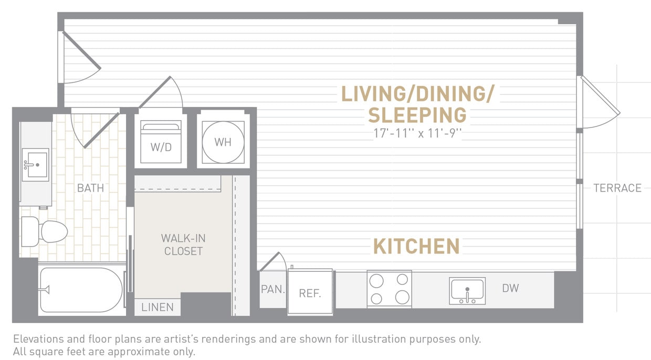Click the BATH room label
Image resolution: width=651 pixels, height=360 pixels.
(90, 188)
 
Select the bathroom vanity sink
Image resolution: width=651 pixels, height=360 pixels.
(35, 164)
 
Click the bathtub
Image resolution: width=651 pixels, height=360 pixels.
(81, 290)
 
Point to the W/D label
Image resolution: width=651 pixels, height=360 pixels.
(161, 147)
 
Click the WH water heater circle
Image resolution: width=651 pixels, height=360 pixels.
(223, 142)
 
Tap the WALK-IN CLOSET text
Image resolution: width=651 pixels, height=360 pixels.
(183, 245)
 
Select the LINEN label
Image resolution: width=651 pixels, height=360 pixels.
(157, 308)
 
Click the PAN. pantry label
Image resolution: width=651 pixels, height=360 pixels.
(272, 289)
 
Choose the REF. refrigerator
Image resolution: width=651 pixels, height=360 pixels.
(310, 293)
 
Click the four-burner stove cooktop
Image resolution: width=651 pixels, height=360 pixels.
(389, 289)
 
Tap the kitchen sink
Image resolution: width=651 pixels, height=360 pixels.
(467, 291)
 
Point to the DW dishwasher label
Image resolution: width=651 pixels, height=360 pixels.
(510, 288)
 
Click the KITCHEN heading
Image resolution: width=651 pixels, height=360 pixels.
(416, 246)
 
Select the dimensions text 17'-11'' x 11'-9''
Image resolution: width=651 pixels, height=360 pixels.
(417, 133)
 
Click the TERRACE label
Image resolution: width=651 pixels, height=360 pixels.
(617, 188)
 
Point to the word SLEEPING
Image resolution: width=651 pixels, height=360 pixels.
(417, 114)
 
